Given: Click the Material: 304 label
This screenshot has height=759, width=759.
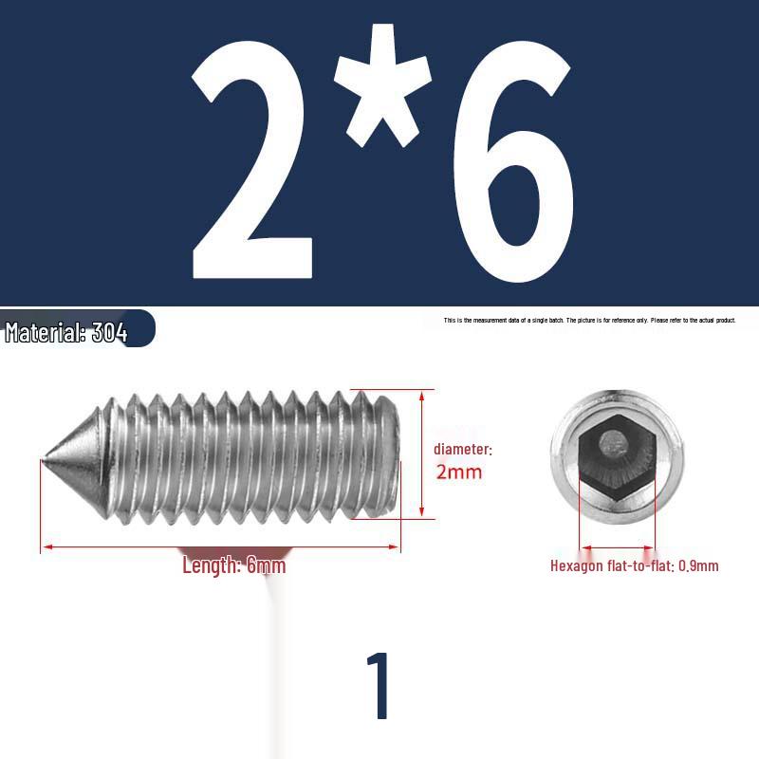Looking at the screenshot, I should [x=66, y=332].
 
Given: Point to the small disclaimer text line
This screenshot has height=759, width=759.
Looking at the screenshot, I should [x=589, y=321].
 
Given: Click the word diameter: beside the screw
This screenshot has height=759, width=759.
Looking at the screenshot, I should [x=463, y=449].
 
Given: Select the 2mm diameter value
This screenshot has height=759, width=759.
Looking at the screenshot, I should [x=458, y=472].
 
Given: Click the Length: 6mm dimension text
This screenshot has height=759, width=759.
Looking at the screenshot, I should [x=233, y=566].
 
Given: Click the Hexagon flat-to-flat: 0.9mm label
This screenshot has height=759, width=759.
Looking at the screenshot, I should [x=634, y=566].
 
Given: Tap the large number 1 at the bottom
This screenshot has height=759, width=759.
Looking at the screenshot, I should [x=379, y=685].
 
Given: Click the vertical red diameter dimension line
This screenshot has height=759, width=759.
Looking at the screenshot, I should [x=420, y=454].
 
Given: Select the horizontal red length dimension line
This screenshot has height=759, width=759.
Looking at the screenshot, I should [x=220, y=547].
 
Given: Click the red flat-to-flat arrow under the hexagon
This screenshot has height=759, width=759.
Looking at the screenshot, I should [x=617, y=547].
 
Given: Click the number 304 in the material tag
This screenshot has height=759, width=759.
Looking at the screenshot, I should [x=110, y=333].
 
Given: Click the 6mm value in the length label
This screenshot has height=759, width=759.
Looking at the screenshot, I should [x=266, y=566].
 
